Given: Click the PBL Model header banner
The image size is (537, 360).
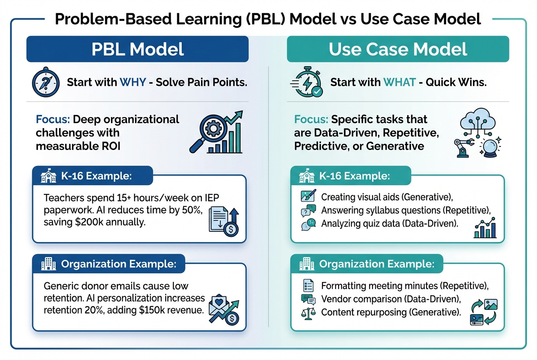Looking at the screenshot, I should point(137,49).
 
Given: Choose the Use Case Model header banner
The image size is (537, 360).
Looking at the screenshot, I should point(398,49).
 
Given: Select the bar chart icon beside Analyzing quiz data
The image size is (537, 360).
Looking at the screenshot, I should point(485,228).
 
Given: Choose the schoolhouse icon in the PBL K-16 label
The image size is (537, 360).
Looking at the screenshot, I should point(48,177).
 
